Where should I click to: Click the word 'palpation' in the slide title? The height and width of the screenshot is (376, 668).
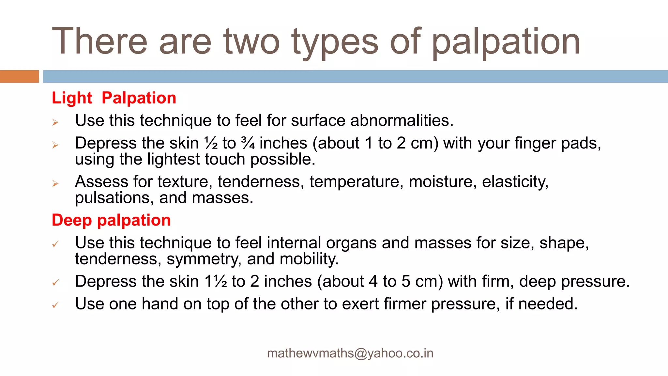point(506,42)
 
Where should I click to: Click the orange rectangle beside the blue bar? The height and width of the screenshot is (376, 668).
point(19,76)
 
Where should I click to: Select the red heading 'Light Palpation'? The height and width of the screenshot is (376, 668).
point(114,98)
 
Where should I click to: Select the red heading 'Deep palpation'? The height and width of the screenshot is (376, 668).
point(111,220)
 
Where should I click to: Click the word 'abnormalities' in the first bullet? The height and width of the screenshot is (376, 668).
point(402,120)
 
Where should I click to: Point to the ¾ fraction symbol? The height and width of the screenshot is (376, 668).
point(248,143)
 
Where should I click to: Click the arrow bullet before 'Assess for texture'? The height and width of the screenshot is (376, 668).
point(55,184)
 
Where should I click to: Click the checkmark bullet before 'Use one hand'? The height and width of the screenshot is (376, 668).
point(55,305)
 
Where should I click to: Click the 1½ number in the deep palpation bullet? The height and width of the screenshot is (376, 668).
point(216,281)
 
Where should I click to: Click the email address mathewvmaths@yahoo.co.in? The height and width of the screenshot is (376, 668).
point(350,353)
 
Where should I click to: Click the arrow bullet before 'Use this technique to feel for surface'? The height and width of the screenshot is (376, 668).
point(55,123)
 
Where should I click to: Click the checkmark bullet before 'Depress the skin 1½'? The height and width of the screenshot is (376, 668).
point(55,282)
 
